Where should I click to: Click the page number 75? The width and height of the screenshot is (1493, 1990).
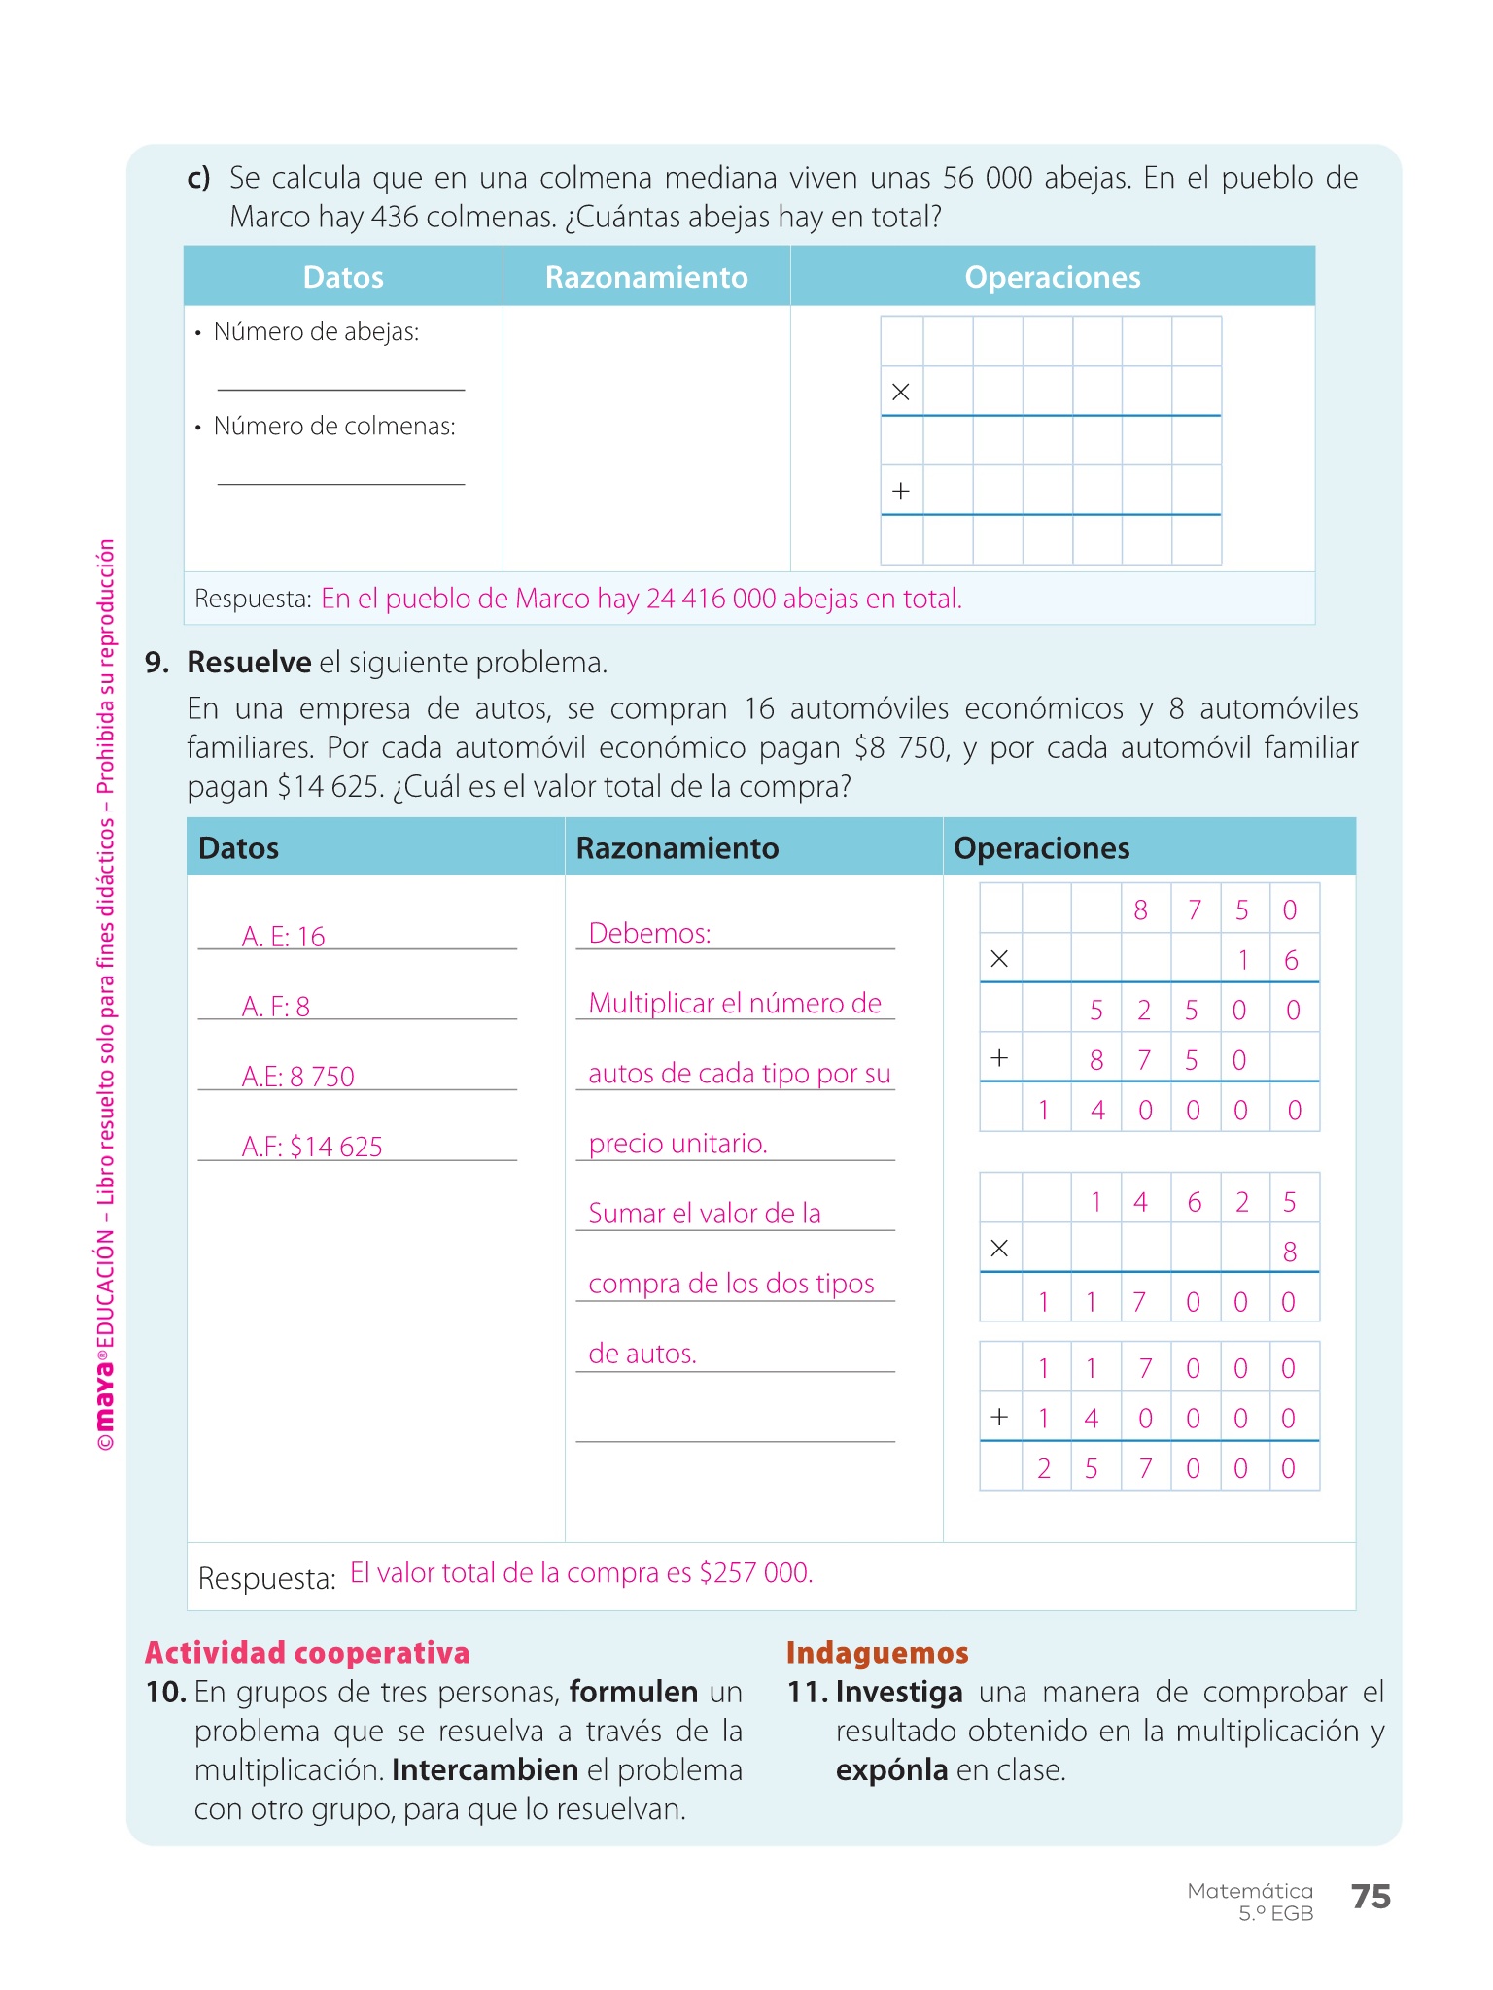click(1371, 1897)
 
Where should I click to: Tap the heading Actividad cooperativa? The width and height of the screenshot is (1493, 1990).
click(307, 1653)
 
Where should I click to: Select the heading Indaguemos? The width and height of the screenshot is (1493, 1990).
click(877, 1653)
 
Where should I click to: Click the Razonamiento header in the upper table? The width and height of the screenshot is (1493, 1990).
click(646, 278)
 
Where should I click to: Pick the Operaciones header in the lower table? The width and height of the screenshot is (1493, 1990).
click(1041, 848)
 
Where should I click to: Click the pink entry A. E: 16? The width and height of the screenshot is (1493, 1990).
click(283, 937)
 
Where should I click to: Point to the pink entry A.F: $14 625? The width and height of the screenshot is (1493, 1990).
click(312, 1147)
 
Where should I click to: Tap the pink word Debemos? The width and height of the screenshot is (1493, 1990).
click(649, 934)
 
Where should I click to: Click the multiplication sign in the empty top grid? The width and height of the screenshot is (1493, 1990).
click(901, 393)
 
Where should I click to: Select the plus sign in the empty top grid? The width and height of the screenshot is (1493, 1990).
click(901, 491)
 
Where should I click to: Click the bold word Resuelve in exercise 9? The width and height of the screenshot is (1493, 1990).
click(249, 663)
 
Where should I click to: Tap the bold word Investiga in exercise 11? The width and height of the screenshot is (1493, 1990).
click(899, 1693)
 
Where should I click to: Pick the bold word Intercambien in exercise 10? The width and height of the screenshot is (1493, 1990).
click(485, 1770)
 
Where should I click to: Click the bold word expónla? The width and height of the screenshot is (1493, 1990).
click(891, 1770)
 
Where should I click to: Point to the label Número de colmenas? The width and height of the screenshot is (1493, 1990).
click(334, 427)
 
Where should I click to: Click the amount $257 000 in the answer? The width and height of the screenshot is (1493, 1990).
click(754, 1573)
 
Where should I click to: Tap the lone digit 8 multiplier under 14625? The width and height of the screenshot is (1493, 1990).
click(1290, 1252)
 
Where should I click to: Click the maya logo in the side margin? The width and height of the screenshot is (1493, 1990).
click(105, 1399)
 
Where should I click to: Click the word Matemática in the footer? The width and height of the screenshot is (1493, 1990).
click(1250, 1891)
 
